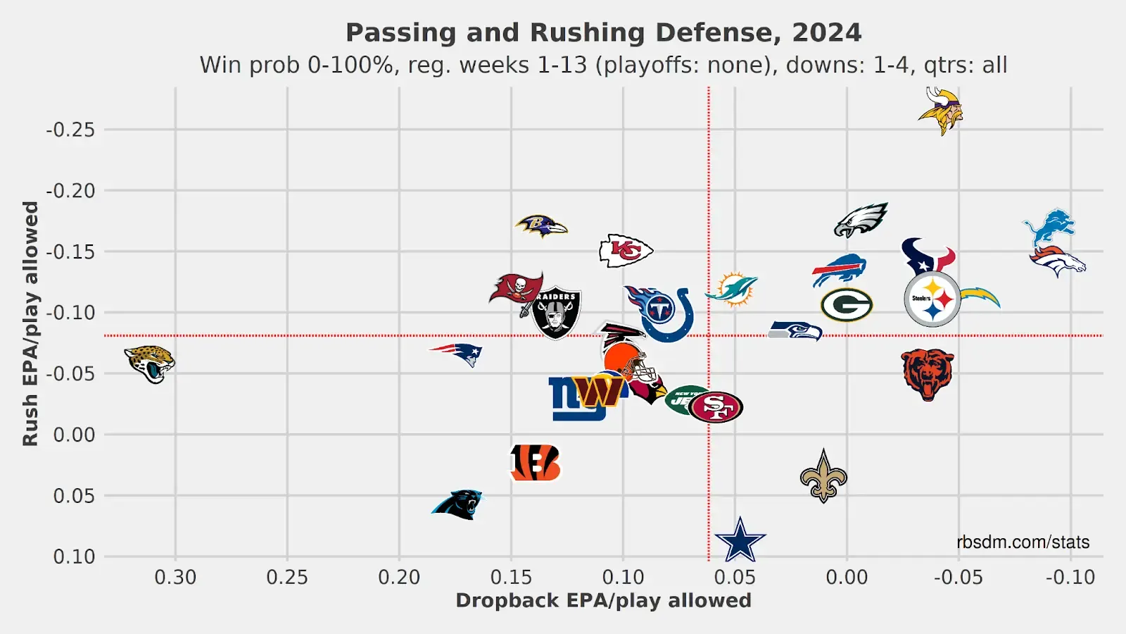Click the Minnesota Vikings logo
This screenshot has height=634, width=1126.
940,111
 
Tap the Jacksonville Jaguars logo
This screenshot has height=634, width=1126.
150,363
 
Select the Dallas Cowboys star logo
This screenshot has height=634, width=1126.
740,541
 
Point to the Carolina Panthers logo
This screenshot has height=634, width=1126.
457,504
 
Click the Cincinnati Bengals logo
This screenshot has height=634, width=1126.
536,463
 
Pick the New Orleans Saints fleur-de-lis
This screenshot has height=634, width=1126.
823,477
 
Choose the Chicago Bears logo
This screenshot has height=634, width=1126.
928,374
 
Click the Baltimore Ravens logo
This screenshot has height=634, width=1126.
541,226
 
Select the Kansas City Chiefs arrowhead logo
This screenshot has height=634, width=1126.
626,250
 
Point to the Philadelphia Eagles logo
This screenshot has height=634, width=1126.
861,220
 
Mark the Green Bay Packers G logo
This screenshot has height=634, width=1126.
847,305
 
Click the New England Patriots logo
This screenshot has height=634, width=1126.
457,354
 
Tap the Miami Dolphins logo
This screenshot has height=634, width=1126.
732,289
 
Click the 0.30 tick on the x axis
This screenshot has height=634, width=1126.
175,578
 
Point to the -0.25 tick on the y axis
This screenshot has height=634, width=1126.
70,130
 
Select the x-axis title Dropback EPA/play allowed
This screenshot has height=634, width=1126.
603,601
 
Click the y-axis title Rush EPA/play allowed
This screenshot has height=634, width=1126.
30,323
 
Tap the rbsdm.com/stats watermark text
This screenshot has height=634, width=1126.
1023,542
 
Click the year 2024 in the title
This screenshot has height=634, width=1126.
826,32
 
